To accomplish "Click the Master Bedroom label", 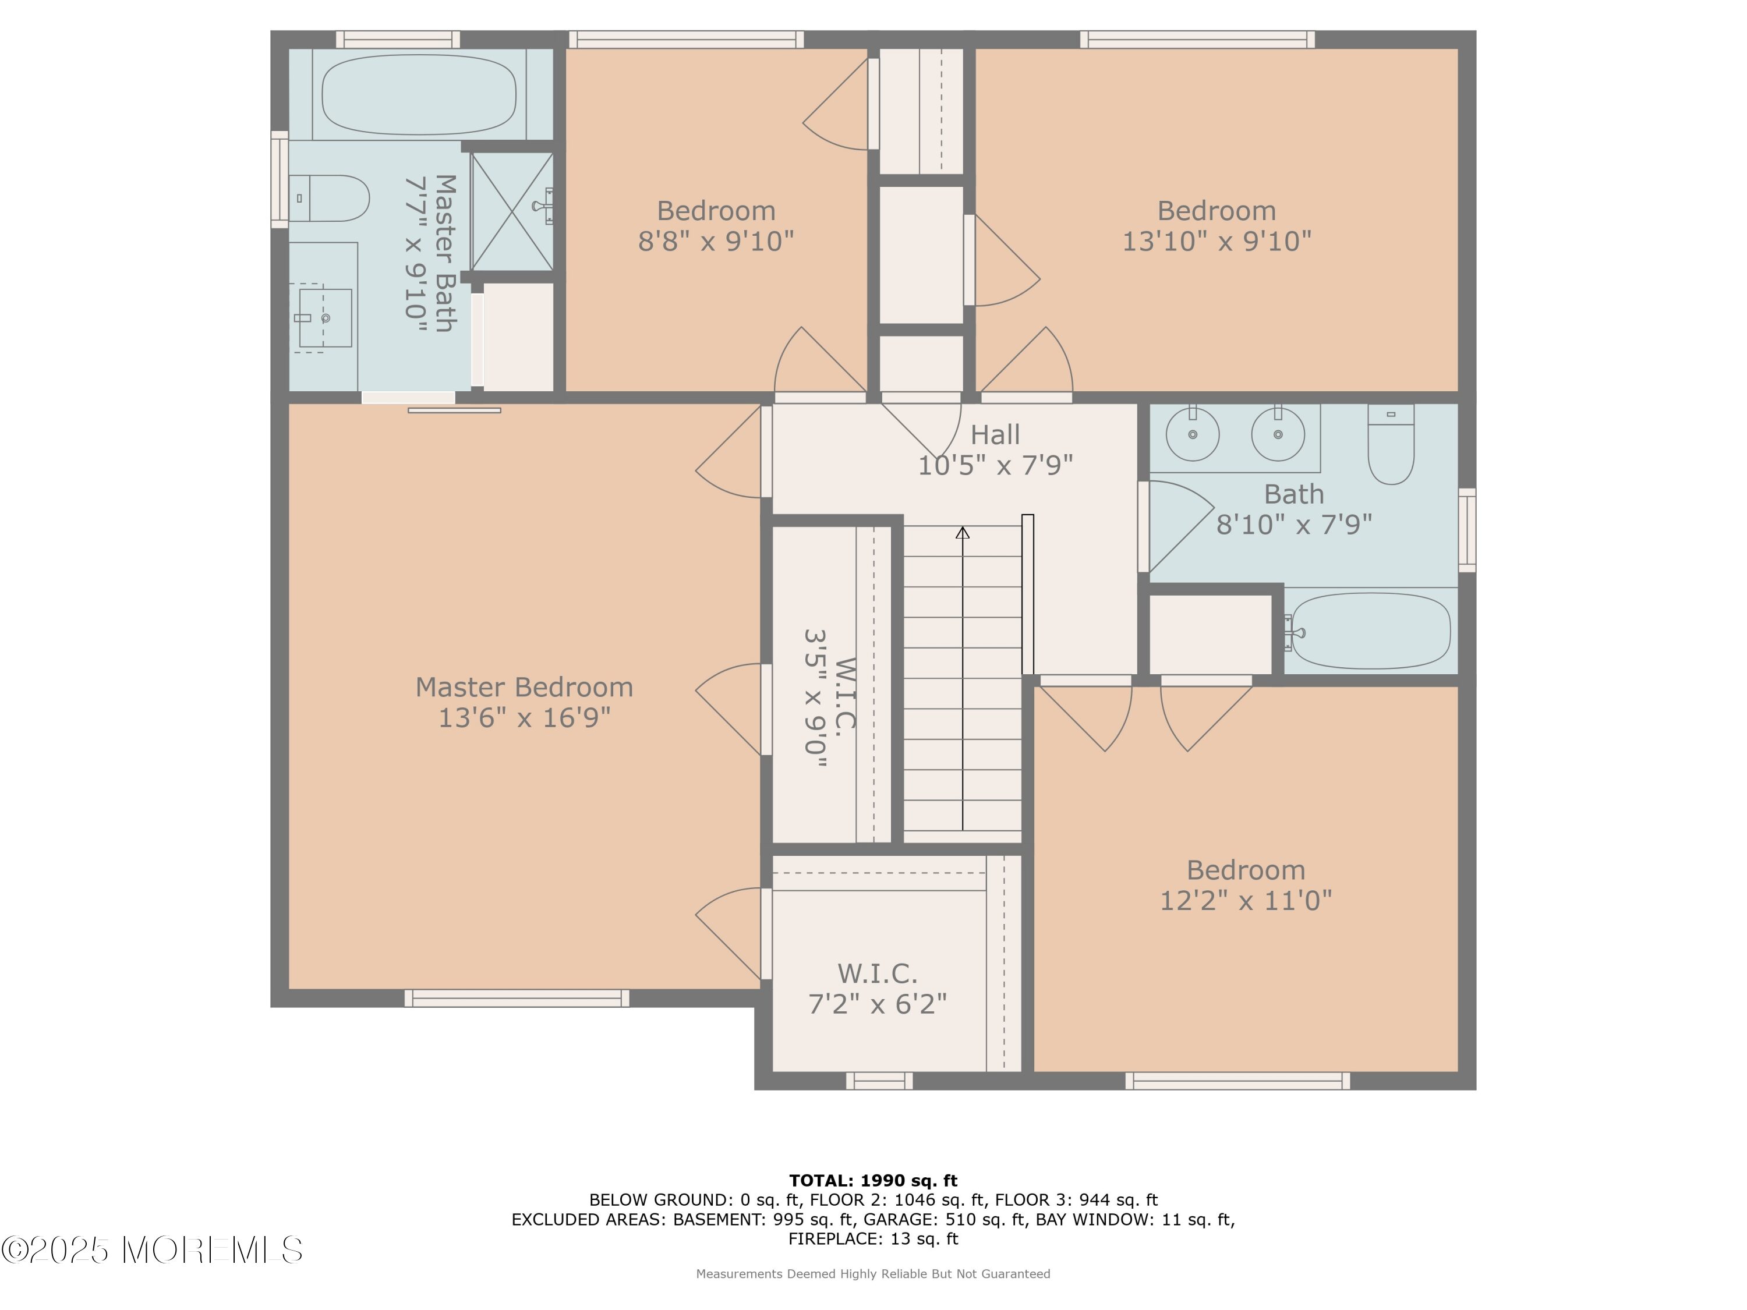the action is click(525, 687).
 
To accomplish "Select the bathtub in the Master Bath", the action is click(419, 94).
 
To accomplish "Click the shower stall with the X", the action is click(512, 211).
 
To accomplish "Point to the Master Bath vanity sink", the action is click(324, 317).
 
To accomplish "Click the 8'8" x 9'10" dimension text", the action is click(716, 241).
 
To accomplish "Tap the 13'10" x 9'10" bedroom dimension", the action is click(1217, 241).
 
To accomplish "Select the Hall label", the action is click(995, 434).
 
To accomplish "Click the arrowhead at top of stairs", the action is click(963, 533).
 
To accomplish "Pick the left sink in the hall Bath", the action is click(1193, 434).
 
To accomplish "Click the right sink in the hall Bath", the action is click(1278, 434).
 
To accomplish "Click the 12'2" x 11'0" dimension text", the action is click(1246, 900).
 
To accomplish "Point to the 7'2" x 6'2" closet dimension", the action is click(878, 1004).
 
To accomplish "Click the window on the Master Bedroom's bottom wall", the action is click(517, 998).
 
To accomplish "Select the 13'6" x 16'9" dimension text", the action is click(525, 718).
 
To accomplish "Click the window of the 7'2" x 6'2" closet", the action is click(880, 1081).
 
